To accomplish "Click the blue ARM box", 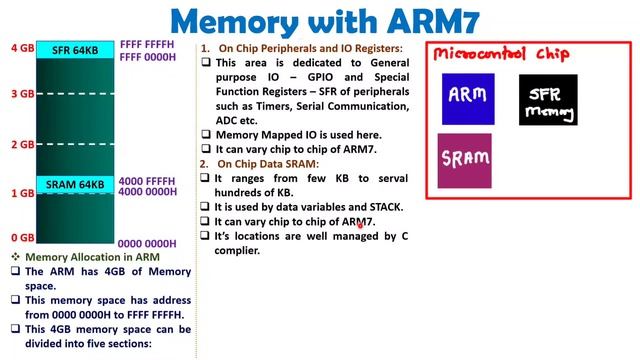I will click(x=468, y=98).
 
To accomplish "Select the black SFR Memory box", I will click(x=548, y=100).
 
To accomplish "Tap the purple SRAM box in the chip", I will click(x=464, y=161).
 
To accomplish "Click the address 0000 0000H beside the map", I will click(x=148, y=243).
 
